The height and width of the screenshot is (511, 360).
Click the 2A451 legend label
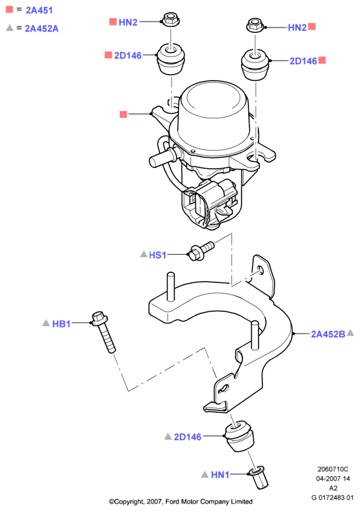39,10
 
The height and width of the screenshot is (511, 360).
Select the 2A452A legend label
42,29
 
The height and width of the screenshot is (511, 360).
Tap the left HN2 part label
128,22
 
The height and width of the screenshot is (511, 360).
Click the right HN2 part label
297,28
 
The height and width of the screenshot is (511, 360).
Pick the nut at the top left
170,19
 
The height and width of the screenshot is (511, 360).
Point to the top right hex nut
255,25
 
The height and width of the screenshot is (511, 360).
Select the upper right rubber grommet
255,65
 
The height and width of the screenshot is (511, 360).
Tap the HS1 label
157,255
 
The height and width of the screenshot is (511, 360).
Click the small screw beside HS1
201,251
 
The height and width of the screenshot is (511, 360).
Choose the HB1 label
61,323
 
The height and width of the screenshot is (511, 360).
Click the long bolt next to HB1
104,331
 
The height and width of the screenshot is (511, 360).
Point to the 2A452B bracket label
328,334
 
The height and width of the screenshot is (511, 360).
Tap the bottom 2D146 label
188,436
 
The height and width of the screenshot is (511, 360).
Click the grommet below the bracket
238,436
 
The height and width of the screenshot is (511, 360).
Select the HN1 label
220,475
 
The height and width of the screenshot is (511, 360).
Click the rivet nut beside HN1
258,478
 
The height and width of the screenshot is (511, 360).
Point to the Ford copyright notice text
180,502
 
